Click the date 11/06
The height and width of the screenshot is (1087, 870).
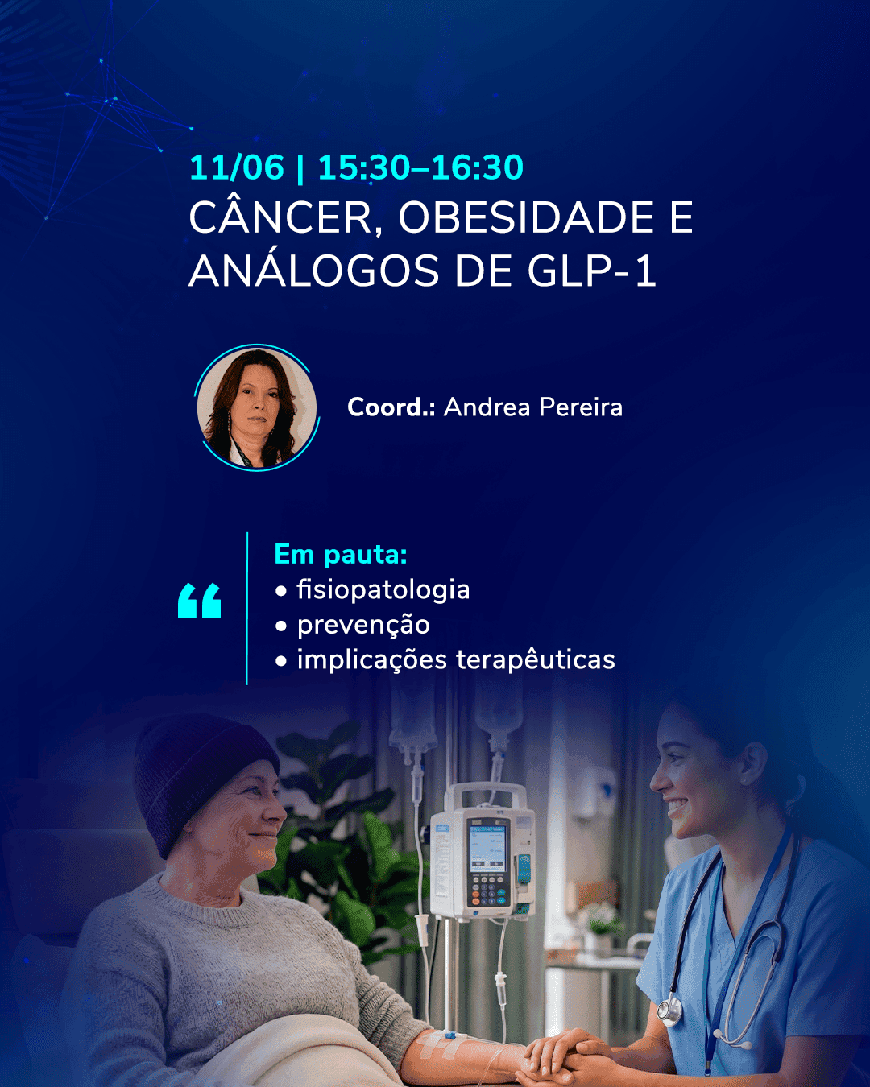point(237,167)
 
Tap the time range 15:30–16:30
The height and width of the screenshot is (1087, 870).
point(420,167)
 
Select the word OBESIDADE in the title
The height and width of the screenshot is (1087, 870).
point(526,217)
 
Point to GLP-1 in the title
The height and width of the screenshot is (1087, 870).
point(592,271)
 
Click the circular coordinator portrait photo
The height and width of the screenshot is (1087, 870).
point(257,408)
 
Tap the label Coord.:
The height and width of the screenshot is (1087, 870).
point(391,407)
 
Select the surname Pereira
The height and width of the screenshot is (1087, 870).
point(581,407)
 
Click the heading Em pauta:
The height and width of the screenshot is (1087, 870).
point(341,555)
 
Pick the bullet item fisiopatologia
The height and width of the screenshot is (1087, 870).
point(383,589)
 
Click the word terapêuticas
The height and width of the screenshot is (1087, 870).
point(536,659)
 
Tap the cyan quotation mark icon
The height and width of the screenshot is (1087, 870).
point(200,601)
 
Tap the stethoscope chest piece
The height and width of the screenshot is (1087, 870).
point(669,1009)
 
